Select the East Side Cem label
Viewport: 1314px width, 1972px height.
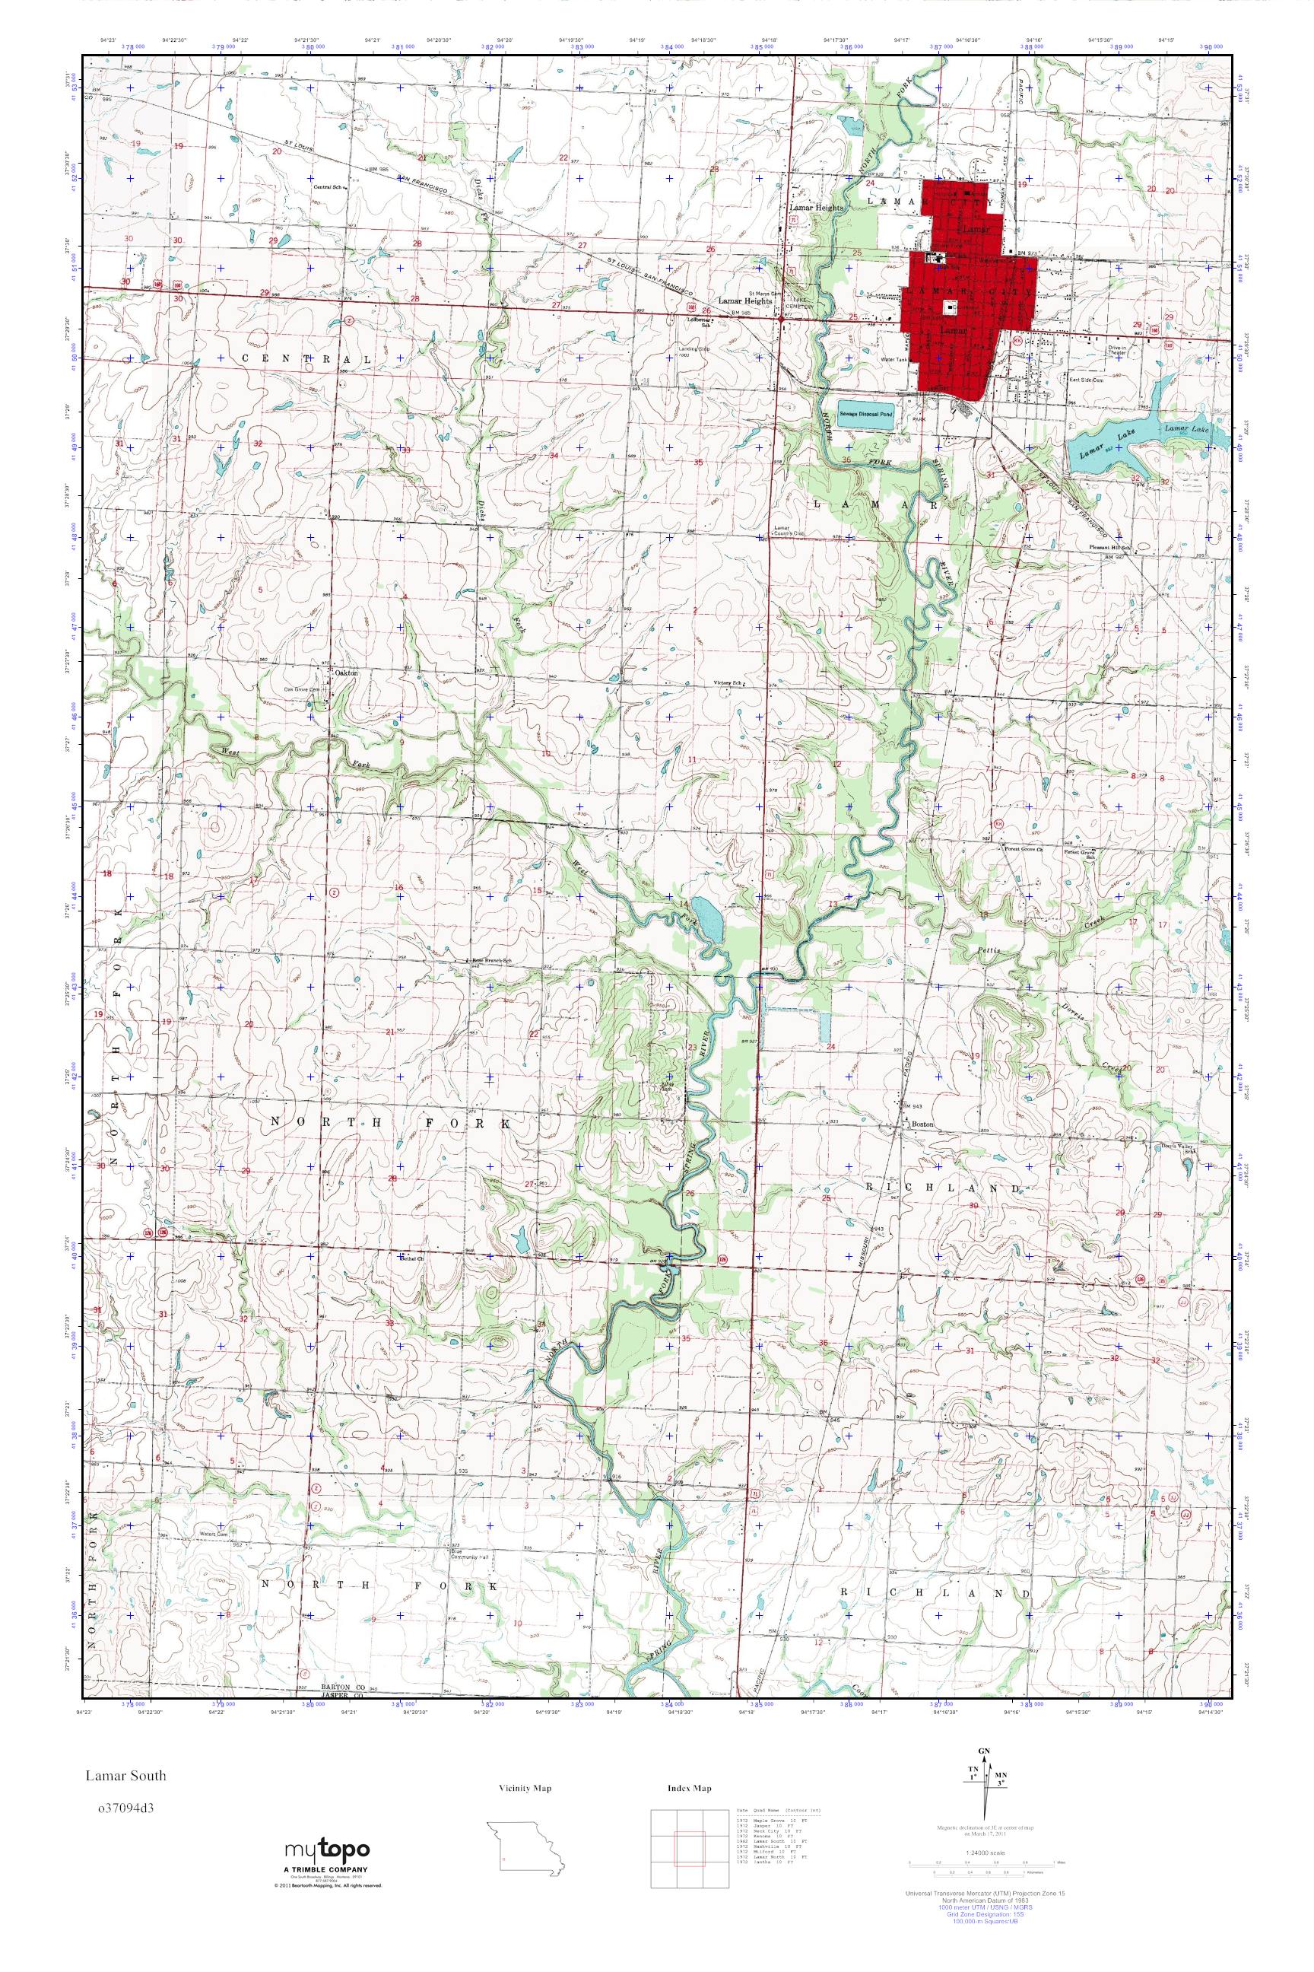pos(1084,379)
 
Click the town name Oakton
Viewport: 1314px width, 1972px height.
pos(346,673)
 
